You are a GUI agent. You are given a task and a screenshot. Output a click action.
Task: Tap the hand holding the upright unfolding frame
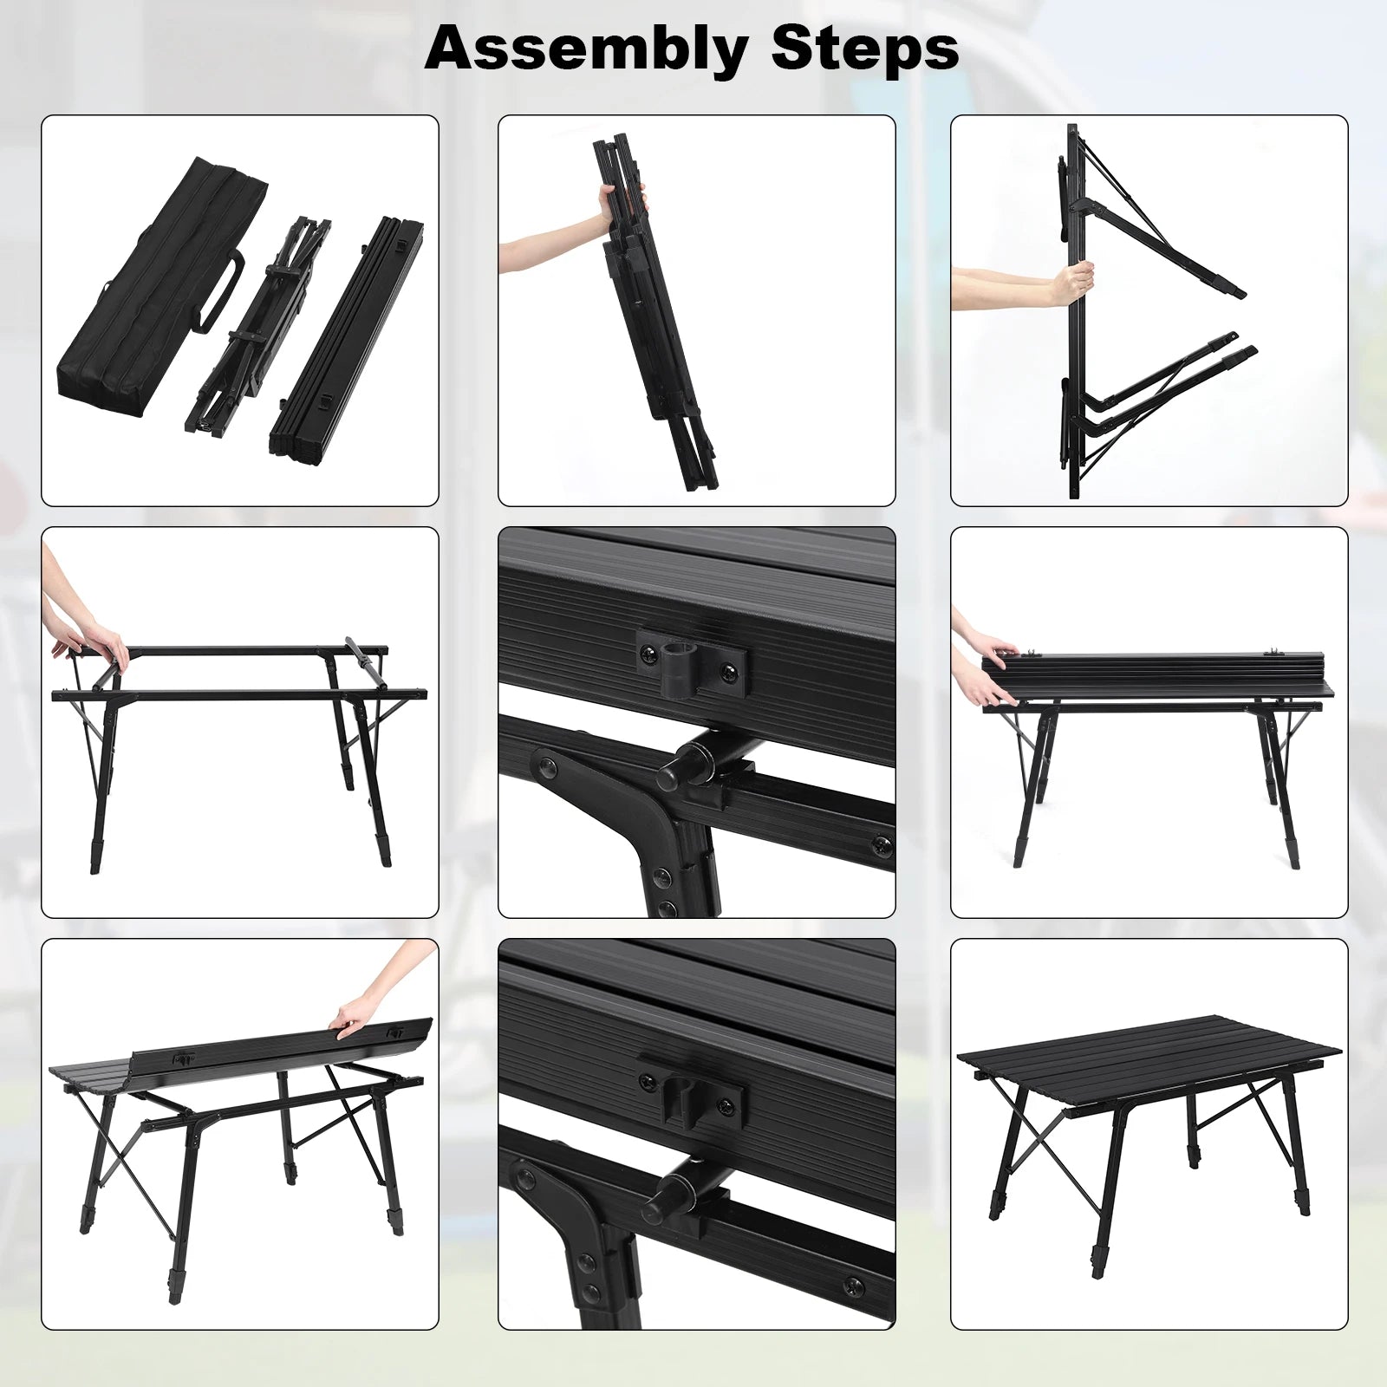tap(1071, 283)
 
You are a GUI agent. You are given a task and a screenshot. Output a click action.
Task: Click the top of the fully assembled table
tap(1149, 1058)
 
